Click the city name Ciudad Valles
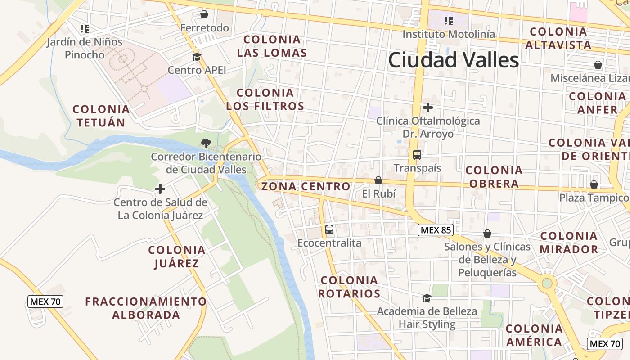click(454, 60)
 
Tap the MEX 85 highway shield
click(435, 230)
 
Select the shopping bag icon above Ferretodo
click(204, 14)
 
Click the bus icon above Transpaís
click(417, 155)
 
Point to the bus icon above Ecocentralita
click(329, 229)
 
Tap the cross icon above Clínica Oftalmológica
click(428, 108)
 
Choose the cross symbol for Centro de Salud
click(160, 189)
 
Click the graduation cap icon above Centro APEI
click(197, 57)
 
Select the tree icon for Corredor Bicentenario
click(206, 144)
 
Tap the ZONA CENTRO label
click(306, 186)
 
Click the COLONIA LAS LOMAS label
click(272, 46)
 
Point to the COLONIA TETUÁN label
click(101, 116)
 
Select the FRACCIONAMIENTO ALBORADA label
click(146, 308)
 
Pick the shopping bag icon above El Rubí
click(378, 180)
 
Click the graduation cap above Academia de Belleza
click(427, 298)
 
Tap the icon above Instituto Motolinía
click(448, 20)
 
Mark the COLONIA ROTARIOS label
click(350, 287)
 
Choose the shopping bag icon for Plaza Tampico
click(594, 184)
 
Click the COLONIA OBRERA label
click(494, 177)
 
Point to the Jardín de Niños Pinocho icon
click(84, 29)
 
